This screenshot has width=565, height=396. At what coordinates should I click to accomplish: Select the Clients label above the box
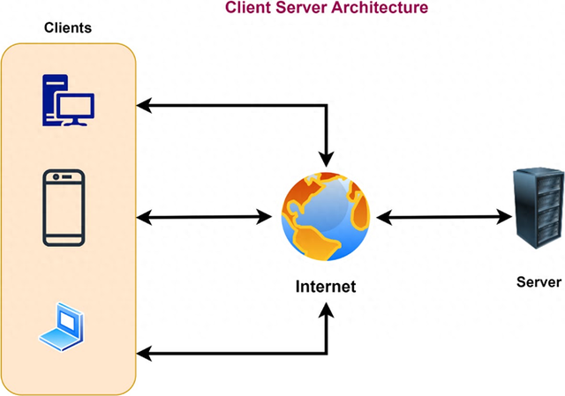tap(68, 28)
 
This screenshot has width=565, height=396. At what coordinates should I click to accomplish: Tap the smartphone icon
tap(64, 208)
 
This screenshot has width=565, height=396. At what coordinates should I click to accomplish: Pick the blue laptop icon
tap(63, 327)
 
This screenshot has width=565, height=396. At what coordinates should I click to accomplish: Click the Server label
tap(539, 282)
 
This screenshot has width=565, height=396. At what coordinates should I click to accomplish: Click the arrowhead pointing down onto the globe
tap(328, 159)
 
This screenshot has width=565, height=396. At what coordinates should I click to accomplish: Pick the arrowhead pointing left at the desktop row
tap(144, 106)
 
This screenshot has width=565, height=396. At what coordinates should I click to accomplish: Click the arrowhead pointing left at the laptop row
tap(144, 355)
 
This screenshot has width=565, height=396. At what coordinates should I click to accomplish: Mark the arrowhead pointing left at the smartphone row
tap(144, 216)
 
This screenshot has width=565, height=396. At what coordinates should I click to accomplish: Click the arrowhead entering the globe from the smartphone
tap(263, 216)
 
